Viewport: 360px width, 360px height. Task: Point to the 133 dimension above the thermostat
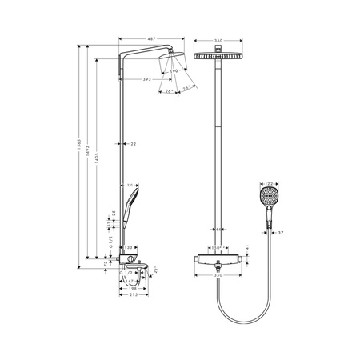(127, 247)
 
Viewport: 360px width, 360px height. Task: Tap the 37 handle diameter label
(282, 233)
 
